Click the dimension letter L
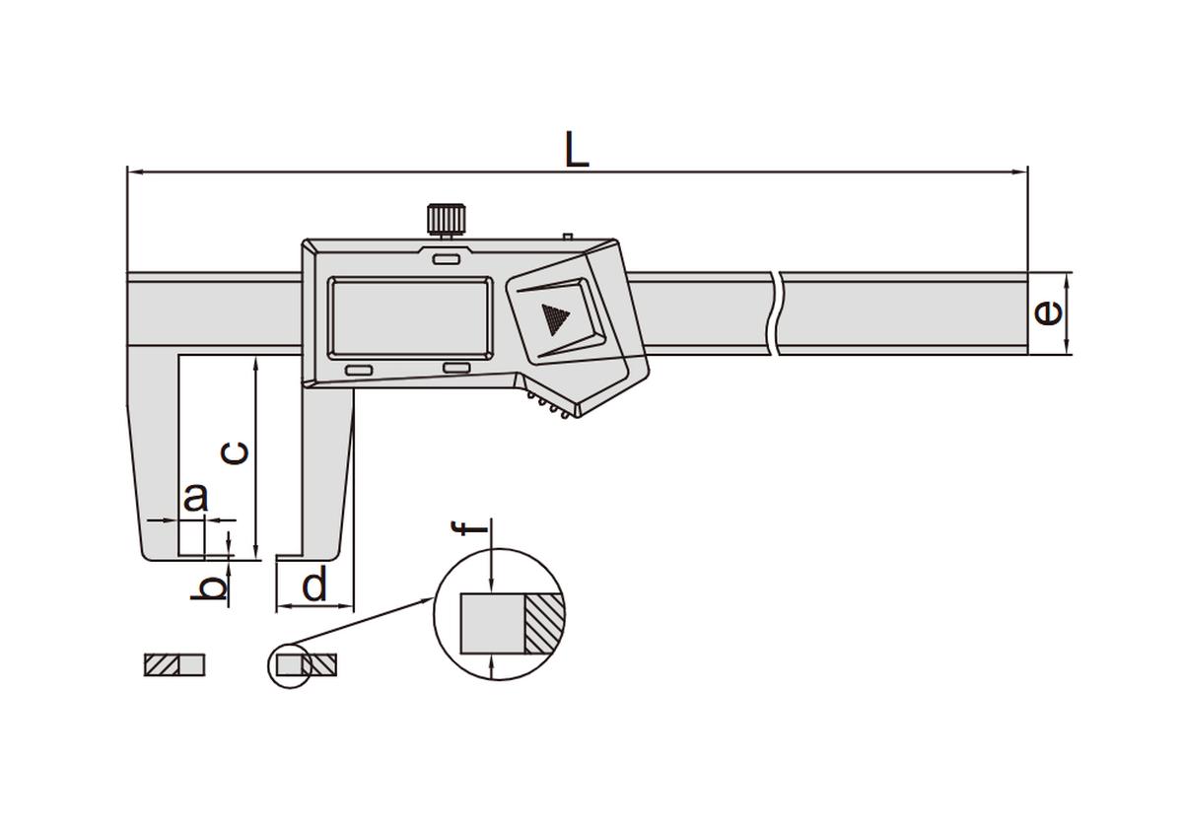pos(577,150)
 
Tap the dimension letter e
pos(1048,313)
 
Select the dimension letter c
pos(235,453)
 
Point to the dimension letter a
pos(195,497)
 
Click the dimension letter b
pos(209,587)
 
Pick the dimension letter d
pos(314,583)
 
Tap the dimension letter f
pos(469,527)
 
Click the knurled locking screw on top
pos(447,220)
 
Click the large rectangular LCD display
pos(410,317)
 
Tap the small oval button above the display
pos(447,259)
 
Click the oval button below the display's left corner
pos(359,371)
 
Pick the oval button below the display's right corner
pos(456,368)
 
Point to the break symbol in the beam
pos(775,313)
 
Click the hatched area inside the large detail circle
pos(544,624)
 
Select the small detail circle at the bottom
pos(291,666)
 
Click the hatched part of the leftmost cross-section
pos(162,664)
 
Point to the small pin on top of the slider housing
pos(568,236)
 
